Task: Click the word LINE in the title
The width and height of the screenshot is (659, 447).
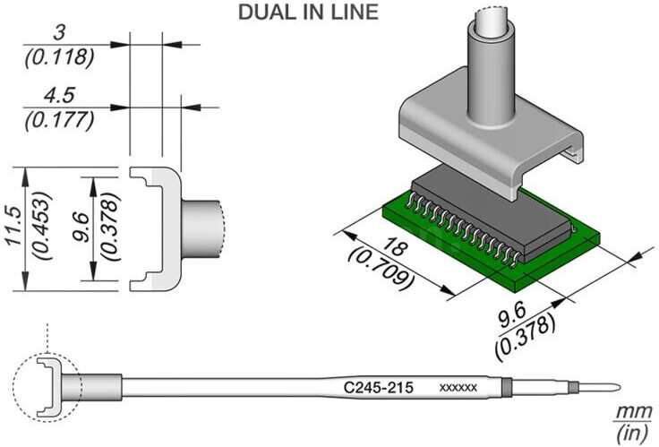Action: click(x=356, y=13)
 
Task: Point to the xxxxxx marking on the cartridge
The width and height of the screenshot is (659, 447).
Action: click(x=458, y=388)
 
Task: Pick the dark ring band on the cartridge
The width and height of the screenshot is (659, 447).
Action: click(x=508, y=389)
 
